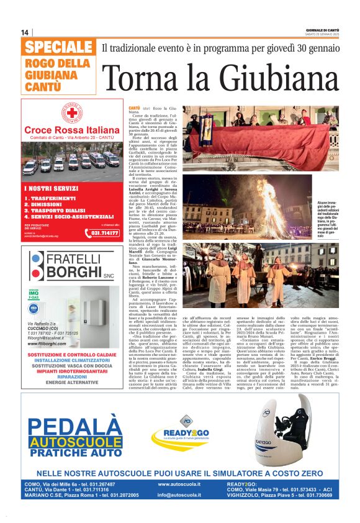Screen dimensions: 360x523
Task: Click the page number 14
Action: pos(25,32)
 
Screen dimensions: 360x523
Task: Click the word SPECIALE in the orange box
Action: pos(60,48)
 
